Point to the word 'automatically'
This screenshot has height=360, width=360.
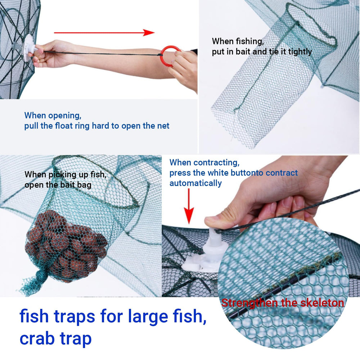pos(195,183)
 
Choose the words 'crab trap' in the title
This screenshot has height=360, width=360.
pos(55,338)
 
